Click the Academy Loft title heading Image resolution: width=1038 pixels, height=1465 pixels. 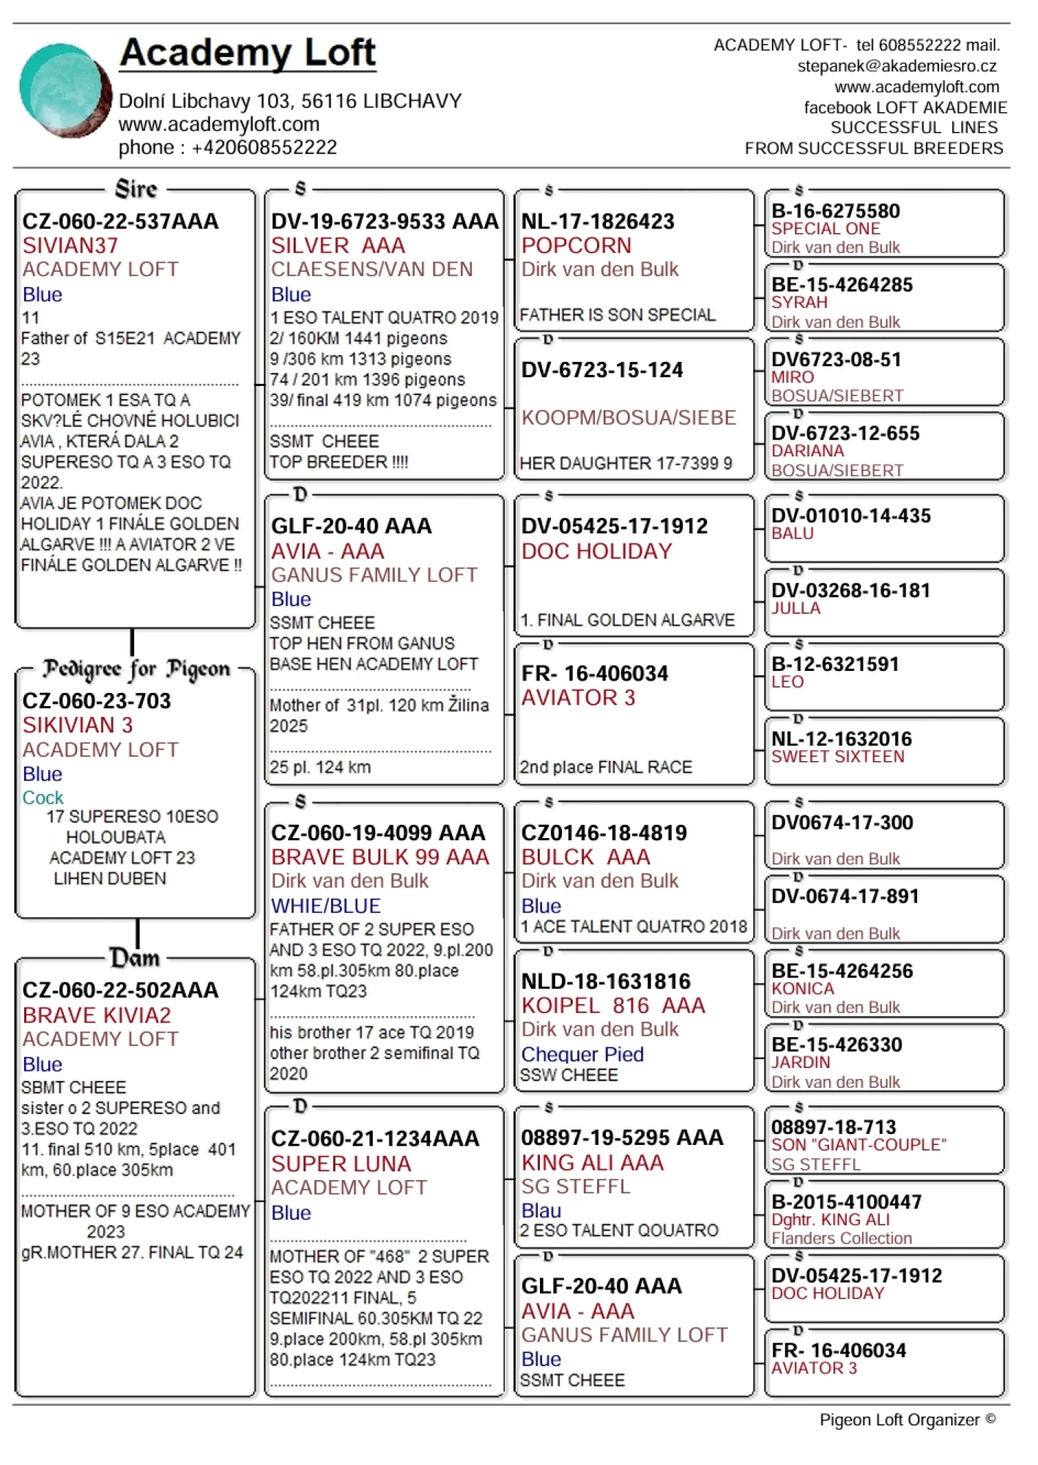tap(248, 53)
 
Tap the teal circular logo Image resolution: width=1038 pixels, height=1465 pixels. tap(64, 90)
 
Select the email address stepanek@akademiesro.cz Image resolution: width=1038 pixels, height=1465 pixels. tap(897, 66)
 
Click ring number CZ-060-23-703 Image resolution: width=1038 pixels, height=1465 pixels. tap(97, 701)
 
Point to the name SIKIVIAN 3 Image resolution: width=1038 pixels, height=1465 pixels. tap(78, 725)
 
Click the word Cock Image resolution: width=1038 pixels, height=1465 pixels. tap(42, 798)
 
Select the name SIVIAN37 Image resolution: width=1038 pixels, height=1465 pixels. tap(70, 245)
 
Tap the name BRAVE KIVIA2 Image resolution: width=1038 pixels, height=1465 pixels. tap(97, 1015)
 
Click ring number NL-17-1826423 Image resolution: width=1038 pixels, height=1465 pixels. tap(598, 221)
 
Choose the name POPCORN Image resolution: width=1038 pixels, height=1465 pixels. tap(577, 245)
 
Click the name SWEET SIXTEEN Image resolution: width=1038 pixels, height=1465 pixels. tap(837, 757)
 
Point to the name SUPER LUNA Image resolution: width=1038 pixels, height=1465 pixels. tap(341, 1163)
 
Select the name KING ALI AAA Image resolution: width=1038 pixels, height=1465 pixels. tap(593, 1162)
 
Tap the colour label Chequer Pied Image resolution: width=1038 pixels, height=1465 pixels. tap(582, 1054)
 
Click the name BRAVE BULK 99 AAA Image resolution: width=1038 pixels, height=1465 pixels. tap(380, 857)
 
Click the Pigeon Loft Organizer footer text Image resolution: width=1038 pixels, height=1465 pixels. tap(907, 1420)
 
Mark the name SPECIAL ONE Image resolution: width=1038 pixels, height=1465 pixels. tap(826, 229)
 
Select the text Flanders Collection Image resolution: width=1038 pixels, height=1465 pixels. tap(842, 1238)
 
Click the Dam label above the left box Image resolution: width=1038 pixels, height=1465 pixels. tap(135, 958)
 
